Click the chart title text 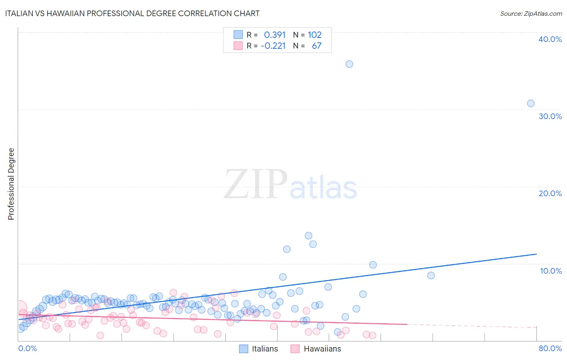132,13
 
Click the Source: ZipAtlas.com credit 531,13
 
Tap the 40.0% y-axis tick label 550,39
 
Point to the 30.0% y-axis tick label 550,116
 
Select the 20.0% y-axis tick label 550,193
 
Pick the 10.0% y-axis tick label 550,271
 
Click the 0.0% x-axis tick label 27,348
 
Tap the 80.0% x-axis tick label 550,348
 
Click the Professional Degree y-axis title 11,184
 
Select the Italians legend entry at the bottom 259,349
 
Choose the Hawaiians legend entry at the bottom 316,349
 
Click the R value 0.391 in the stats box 275,35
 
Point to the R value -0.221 273,46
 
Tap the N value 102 315,35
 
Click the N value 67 317,46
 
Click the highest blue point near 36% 349,64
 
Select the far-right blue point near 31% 531,103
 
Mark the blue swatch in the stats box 238,35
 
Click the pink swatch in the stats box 238,46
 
